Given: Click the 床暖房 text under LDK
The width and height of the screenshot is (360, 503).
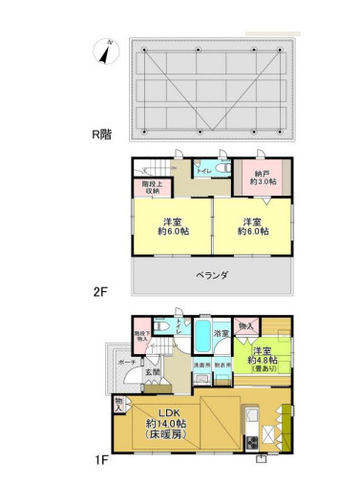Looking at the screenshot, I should pyautogui.click(x=164, y=434).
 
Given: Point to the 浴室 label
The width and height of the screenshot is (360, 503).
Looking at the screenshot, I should pyautogui.click(x=220, y=333).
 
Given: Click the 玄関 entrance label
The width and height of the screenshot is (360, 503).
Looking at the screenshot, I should pyautogui.click(x=152, y=371).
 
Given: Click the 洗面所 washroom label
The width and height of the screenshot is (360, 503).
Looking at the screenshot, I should pyautogui.click(x=201, y=365).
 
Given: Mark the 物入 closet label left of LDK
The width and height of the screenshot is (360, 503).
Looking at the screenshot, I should pyautogui.click(x=118, y=405).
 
